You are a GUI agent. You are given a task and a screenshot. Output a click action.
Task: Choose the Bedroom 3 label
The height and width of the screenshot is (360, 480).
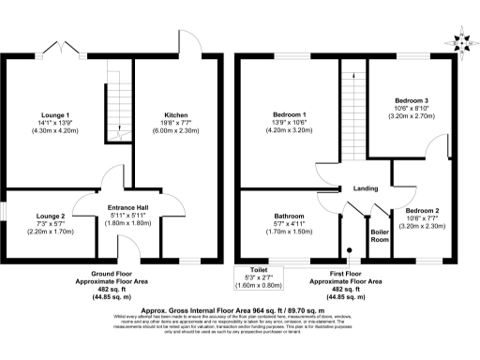tap(412, 99)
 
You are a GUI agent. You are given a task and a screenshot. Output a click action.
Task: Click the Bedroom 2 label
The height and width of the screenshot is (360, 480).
tap(424, 211)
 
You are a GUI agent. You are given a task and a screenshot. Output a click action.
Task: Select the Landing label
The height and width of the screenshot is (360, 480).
tap(365, 188)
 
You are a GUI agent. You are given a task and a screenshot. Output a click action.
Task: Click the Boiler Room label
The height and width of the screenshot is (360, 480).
tap(380, 234)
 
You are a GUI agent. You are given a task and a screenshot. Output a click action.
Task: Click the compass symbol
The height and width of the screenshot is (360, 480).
tap(460, 40)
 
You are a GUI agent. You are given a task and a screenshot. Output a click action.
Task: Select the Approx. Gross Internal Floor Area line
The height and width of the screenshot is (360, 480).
tap(240, 307)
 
